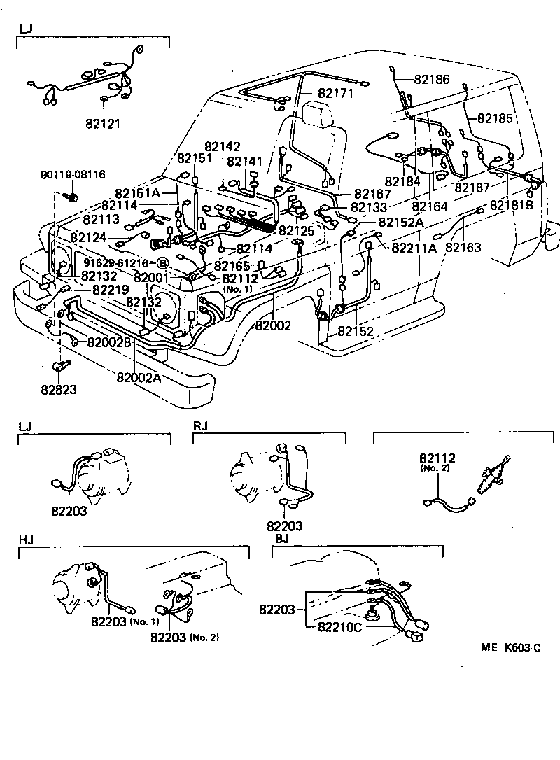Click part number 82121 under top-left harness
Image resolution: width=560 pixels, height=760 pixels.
pos(103,124)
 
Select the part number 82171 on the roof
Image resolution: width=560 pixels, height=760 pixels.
pos(335,93)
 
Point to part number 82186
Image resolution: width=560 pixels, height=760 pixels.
pos(432,80)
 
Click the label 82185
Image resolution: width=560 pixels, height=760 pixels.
pos(496,118)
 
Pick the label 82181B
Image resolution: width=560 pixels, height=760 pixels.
pos(512,205)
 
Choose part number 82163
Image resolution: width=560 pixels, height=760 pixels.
pos(463,247)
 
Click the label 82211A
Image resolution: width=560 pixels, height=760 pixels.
pos(414,247)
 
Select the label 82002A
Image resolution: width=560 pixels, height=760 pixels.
pos(139,377)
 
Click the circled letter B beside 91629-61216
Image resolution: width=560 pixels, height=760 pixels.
pos(162,263)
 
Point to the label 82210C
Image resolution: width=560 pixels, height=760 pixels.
pos(339,626)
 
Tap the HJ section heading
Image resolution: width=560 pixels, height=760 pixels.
pos(25,540)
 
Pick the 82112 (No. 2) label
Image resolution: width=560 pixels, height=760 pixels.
pos(437,463)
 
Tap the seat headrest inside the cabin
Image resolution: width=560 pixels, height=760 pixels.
pos(318,113)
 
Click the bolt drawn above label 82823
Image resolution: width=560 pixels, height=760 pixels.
pos(59,365)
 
